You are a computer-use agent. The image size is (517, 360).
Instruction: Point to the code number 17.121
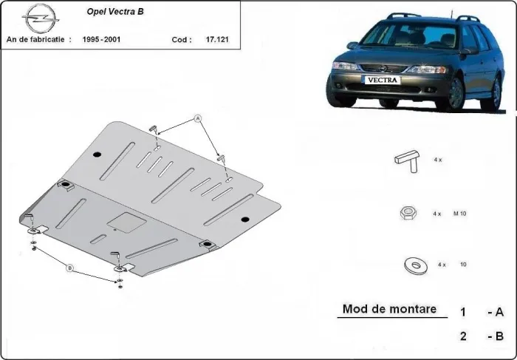click(217, 39)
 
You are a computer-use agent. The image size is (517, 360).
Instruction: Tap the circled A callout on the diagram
click(198, 118)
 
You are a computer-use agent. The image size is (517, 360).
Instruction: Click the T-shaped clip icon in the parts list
click(406, 160)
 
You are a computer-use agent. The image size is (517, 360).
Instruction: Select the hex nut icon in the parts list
click(406, 213)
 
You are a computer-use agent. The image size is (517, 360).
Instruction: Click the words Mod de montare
click(389, 309)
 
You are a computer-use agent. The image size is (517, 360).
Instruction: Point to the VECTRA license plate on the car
click(381, 80)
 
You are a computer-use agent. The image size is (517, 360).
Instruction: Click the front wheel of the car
click(453, 95)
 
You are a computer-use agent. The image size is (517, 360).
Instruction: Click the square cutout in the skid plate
click(123, 221)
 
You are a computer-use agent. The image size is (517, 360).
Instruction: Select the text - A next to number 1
click(495, 311)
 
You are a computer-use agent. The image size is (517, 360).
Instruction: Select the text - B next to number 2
click(495, 336)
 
